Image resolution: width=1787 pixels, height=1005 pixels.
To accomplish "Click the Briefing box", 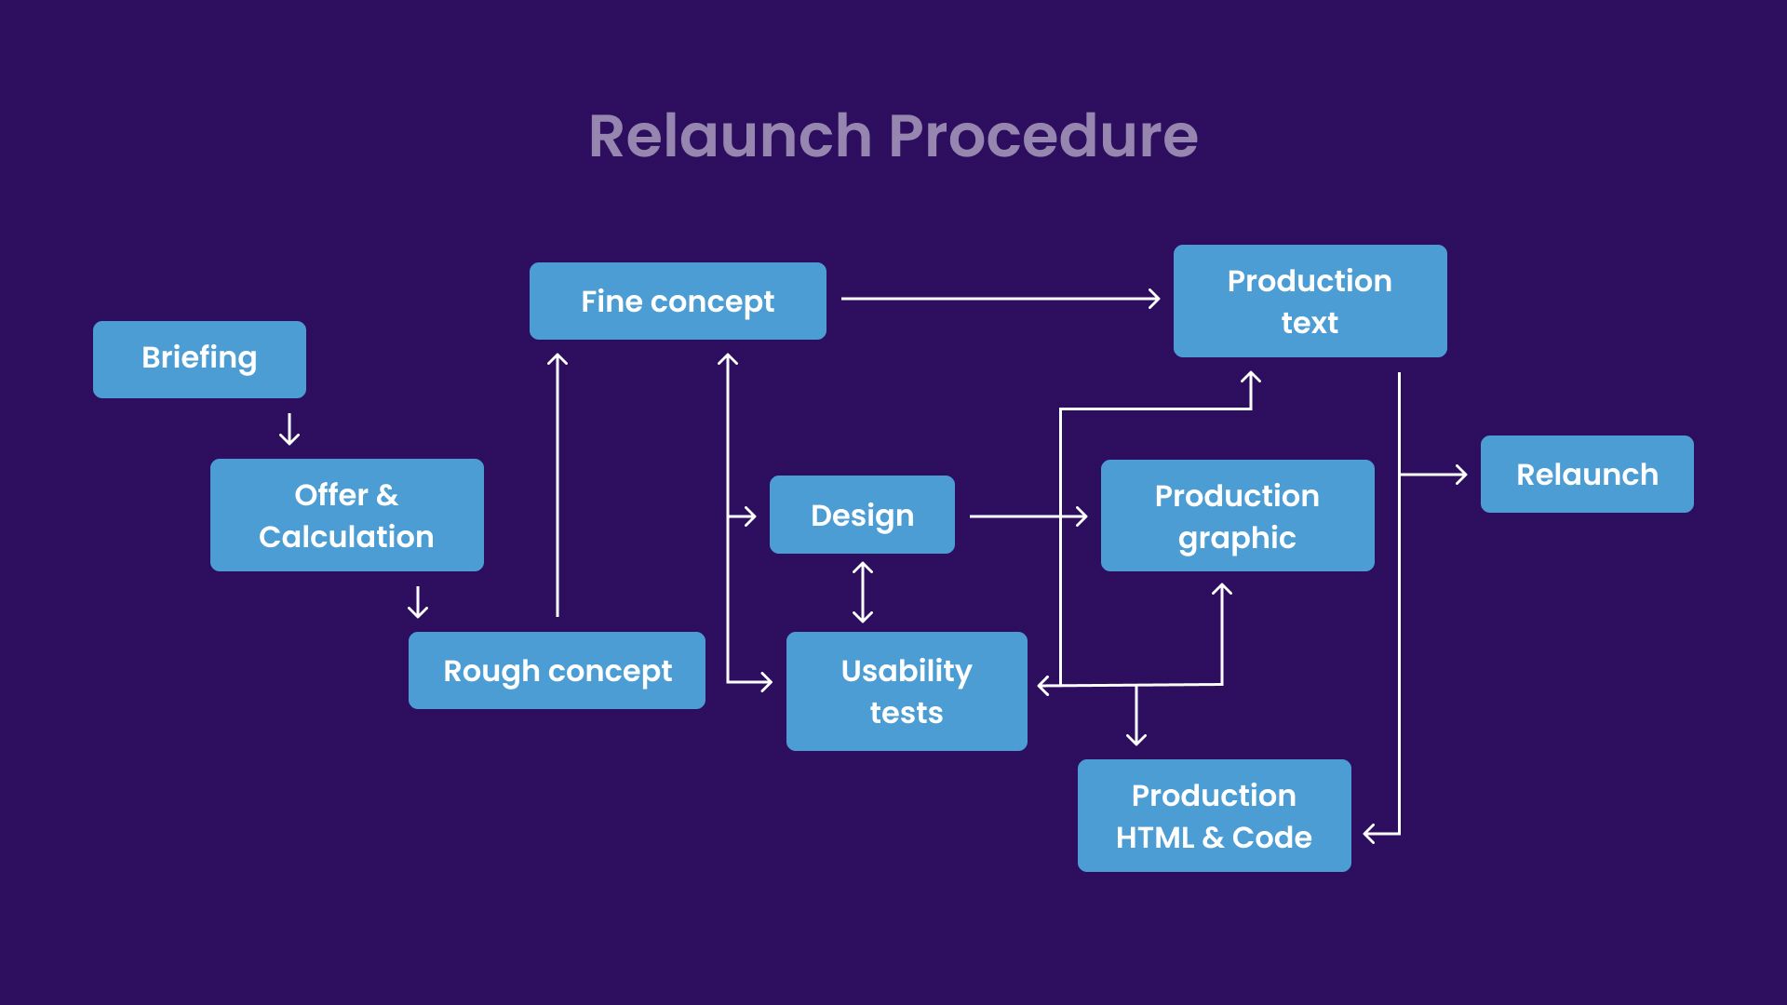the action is point(199,359).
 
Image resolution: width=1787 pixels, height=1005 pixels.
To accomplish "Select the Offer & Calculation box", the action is point(347,515).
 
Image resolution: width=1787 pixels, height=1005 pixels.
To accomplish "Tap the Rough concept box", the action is point(557,670).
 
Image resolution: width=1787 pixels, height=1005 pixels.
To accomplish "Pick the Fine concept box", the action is point(678,301).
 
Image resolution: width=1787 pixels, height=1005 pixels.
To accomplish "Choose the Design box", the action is point(862,515).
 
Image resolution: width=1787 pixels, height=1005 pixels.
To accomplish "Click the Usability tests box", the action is point(907,691).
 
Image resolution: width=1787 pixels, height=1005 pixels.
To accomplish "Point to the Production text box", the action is point(1310,301).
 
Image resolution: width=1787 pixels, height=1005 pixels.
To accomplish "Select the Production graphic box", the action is point(1238,516).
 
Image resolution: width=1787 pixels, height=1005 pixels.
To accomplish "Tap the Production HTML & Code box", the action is point(1215,815).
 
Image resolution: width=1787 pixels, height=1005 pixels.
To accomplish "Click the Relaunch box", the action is point(1587,474).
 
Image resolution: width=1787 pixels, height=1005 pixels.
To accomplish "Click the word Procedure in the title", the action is point(1043,136).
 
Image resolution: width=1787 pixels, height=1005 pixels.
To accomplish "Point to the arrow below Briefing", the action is point(289,429).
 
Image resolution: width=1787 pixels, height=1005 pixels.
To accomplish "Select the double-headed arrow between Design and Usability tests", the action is point(863,592).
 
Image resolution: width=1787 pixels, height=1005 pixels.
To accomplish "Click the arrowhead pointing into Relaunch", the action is point(1461,475).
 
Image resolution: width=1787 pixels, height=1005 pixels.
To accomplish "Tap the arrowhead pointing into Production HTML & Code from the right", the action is point(1371,834).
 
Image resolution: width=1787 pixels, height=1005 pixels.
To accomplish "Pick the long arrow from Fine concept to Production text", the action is point(1001,299).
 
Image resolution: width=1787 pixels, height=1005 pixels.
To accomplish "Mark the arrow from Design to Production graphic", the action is point(1028,516).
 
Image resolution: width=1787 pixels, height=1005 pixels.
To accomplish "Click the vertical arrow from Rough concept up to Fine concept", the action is point(558,485).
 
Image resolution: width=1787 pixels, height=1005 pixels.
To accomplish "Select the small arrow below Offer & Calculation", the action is point(418,602).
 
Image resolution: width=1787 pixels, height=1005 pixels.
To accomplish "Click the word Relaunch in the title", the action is point(731,136).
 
